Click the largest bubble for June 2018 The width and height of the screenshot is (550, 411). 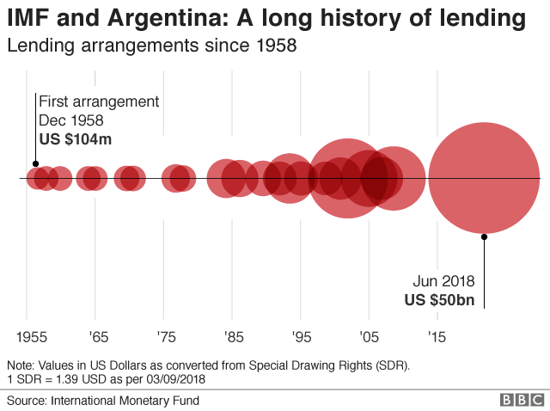[484, 179]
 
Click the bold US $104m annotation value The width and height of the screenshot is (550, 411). [76, 138]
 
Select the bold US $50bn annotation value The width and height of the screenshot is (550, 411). [439, 300]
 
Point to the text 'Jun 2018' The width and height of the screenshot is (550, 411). [444, 281]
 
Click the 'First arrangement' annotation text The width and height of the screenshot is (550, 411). [99, 101]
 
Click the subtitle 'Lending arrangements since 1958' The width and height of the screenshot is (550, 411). [151, 46]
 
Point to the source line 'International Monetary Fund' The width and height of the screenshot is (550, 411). [125, 401]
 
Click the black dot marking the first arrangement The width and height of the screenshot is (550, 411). [35, 163]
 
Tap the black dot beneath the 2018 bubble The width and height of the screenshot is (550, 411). [484, 236]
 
